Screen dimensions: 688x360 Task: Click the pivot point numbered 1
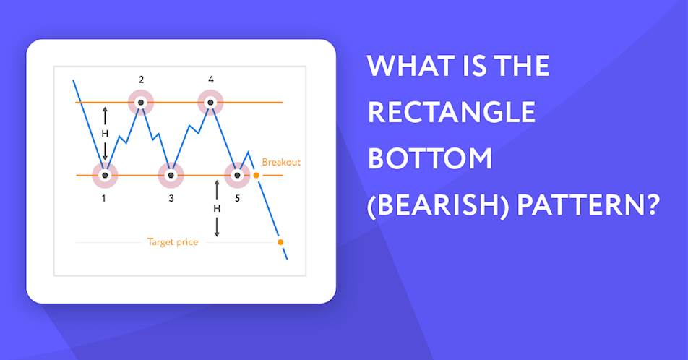pos(104,175)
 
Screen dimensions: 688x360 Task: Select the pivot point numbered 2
pos(141,103)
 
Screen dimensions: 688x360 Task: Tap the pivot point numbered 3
pos(171,175)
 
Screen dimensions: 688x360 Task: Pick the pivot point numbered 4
pos(210,103)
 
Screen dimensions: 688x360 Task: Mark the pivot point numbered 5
pos(237,175)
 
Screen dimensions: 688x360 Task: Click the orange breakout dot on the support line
pos(257,176)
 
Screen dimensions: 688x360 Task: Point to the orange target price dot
pos(280,242)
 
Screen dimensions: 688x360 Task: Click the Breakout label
pos(281,162)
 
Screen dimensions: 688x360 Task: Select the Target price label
pos(173,242)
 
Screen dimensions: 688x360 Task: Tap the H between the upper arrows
pos(105,134)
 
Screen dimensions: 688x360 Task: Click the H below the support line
pos(217,209)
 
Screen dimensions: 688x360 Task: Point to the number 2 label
pos(142,80)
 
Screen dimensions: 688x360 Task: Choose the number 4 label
pos(211,80)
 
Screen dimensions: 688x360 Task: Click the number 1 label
pos(104,199)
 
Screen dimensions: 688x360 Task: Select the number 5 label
pos(237,199)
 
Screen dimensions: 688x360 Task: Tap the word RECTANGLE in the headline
pos(452,111)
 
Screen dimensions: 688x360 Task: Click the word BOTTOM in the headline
pos(430,158)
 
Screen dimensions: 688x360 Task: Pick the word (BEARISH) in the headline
pos(438,205)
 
